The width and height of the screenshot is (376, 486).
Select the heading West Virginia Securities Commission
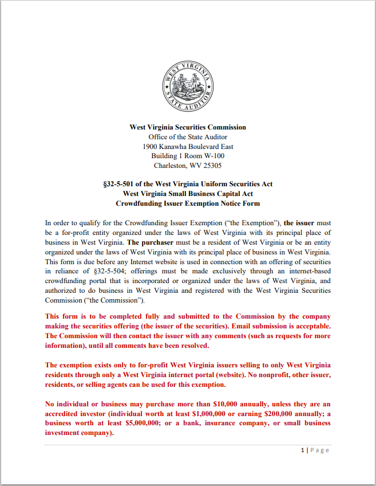(x=188, y=127)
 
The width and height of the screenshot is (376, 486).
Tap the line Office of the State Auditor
(x=188, y=137)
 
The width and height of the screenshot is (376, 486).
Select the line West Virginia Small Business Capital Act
(x=188, y=194)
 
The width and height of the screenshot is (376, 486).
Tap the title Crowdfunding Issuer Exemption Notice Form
(x=188, y=203)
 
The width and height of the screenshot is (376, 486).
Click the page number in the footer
(x=302, y=450)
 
